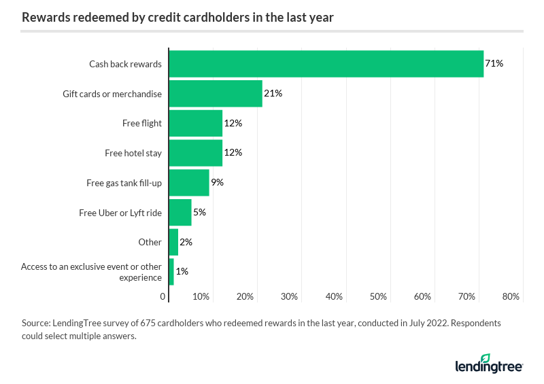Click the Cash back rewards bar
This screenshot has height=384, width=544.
coord(326,64)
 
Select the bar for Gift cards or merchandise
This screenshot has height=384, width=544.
coord(216,94)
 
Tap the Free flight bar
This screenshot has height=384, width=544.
coord(195,123)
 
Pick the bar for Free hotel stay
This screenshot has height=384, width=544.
coord(195,153)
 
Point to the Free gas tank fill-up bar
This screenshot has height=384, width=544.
coord(189,182)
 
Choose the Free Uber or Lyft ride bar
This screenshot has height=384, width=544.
coord(180,212)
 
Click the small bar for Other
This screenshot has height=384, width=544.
coord(173,242)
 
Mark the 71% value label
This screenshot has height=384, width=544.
coord(494,64)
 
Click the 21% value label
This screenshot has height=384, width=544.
coord(273,94)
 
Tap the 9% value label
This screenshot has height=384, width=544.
coord(217,182)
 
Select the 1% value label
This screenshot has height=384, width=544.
coord(182,271)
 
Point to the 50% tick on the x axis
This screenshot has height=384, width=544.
coord(378,297)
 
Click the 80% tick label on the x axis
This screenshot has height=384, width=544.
coord(511,297)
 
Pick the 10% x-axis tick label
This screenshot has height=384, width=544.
coord(201,297)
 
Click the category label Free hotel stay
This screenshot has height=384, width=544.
coord(133,153)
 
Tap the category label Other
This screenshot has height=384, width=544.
coord(150,242)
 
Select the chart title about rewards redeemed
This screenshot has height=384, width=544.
coord(177,18)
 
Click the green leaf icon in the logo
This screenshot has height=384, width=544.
coord(485,358)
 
